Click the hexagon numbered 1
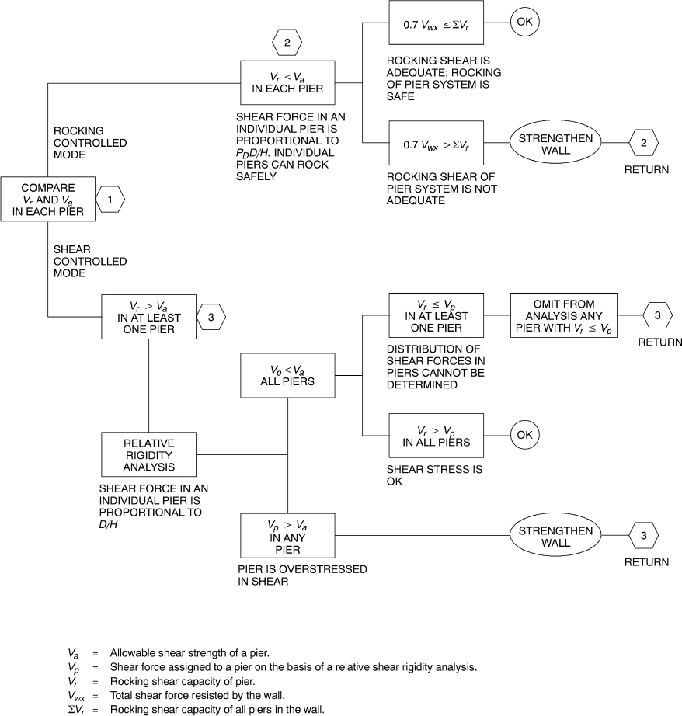coord(110,200)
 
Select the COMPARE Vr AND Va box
coord(48,200)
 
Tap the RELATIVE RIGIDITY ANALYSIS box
coord(148,454)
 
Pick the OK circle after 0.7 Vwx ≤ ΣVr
coord(524,21)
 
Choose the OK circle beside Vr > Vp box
coord(524,435)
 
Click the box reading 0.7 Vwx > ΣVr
coord(436,143)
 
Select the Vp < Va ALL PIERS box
coord(287,376)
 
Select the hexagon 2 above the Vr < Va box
coord(287,43)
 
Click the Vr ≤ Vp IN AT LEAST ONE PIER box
coord(436,315)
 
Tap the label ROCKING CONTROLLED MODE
coord(90,143)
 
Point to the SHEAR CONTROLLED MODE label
coord(90,262)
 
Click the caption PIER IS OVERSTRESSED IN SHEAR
coord(303,575)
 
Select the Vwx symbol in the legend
coord(78,695)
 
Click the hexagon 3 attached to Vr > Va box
coord(211,316)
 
